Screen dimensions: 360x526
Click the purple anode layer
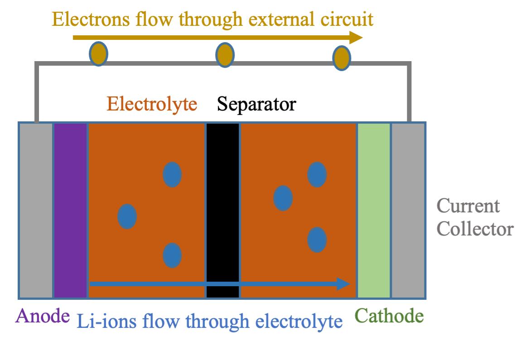pos(71,211)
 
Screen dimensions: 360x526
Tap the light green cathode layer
pos(374,211)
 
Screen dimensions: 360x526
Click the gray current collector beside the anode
pos(36,211)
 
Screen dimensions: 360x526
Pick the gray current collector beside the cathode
pos(408,211)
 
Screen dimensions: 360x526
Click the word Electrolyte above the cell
pos(152,105)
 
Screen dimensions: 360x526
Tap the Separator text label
pos(256,105)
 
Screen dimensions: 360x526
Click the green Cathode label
pos(390,316)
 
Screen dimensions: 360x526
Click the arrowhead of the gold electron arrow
pos(356,38)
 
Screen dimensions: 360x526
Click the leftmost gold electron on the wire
pos(99,54)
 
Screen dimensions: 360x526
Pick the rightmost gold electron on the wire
pos(342,58)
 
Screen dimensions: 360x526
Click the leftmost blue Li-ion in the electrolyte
pos(127,216)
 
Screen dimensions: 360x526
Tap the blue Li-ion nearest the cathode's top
pos(317,174)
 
